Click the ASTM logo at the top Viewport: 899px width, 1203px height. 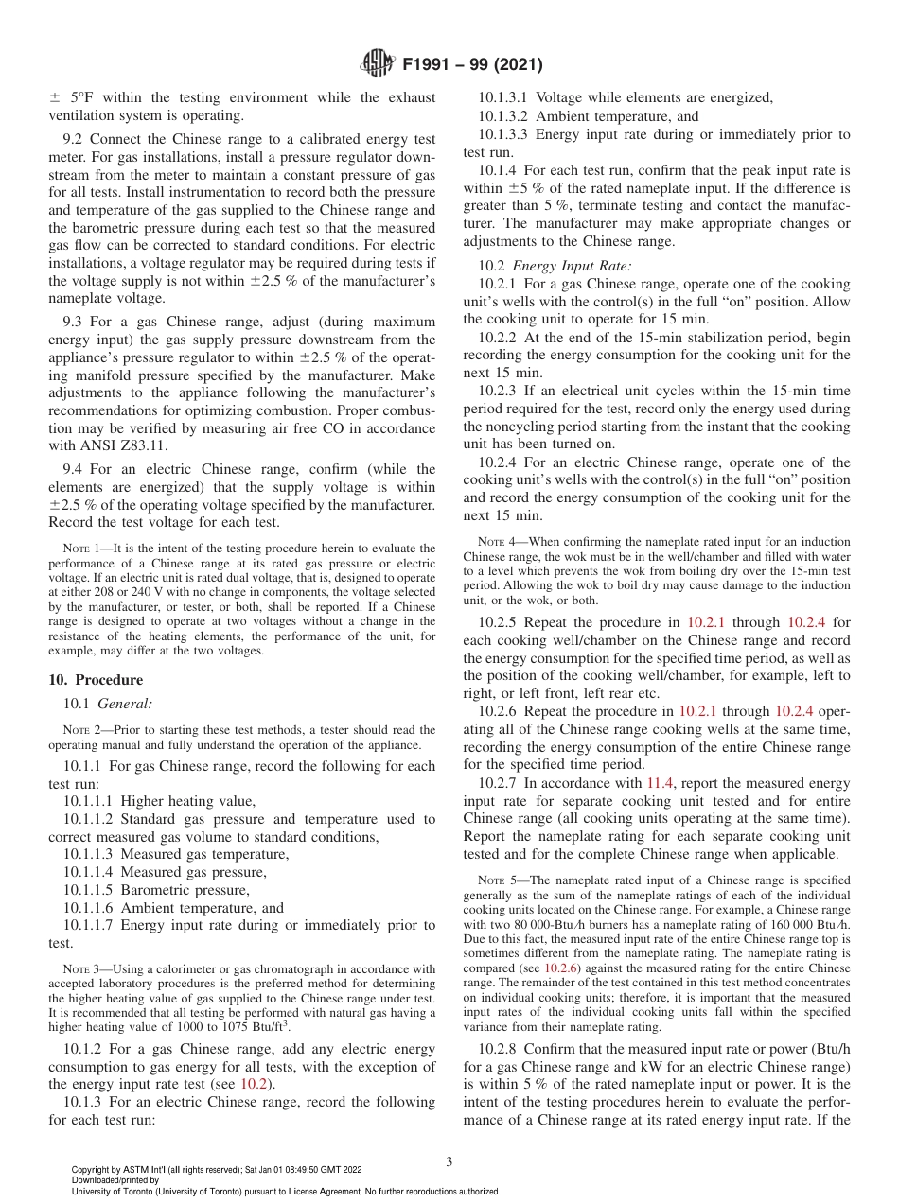[x=379, y=64]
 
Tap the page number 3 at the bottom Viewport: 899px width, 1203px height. [x=449, y=1162]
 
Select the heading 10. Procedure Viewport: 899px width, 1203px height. [x=96, y=680]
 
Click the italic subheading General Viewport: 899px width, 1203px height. [x=125, y=704]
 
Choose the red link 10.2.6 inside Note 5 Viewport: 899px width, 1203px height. [x=562, y=968]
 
